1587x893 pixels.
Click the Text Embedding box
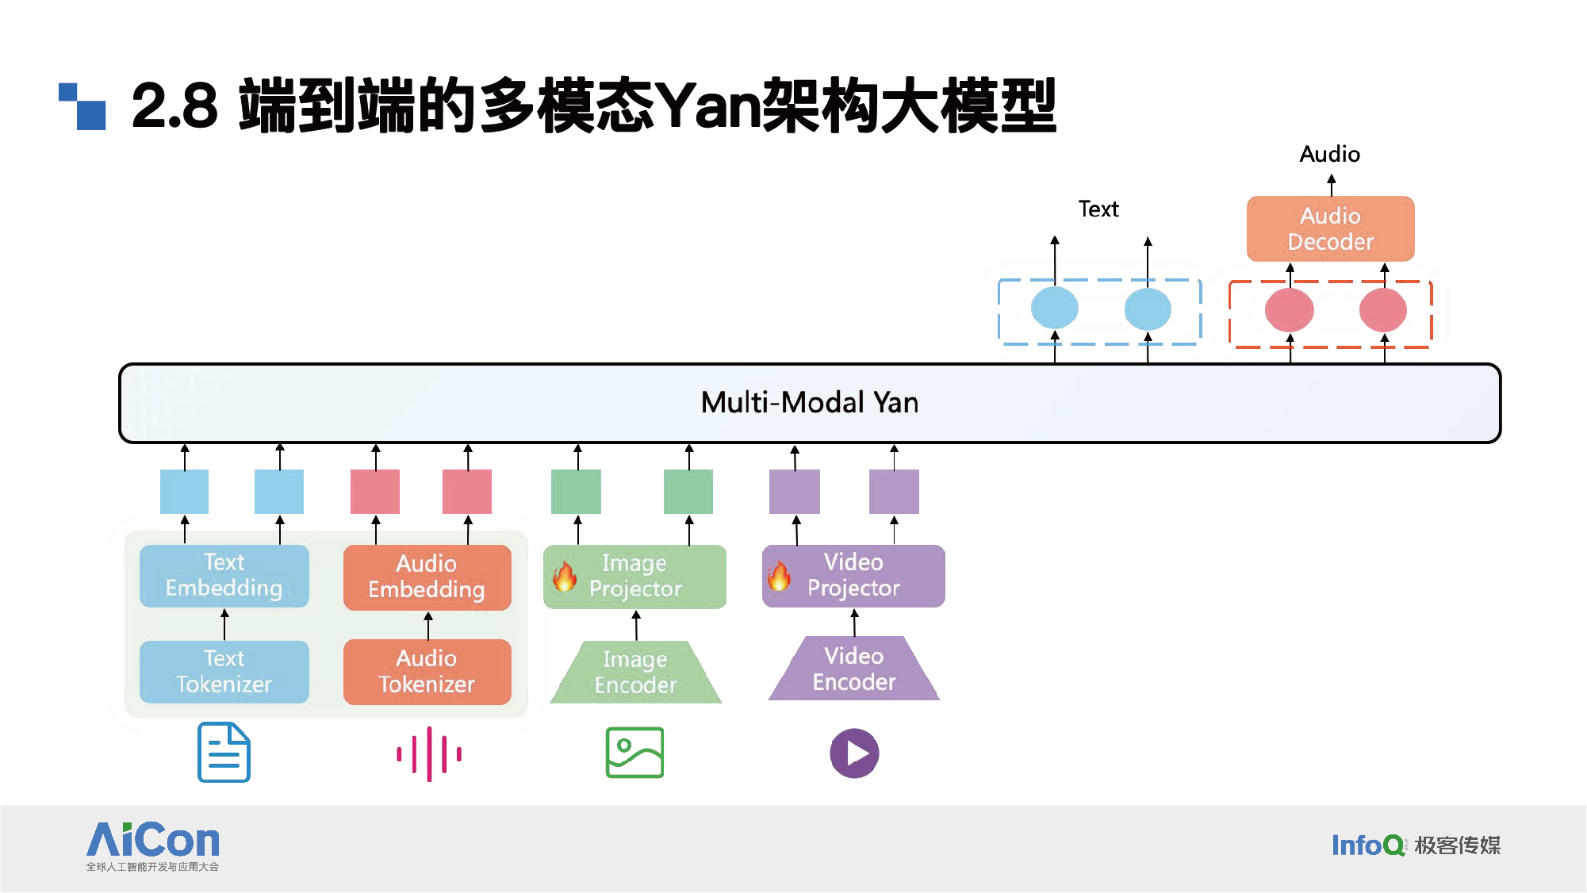click(x=224, y=576)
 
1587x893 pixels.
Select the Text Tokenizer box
click(x=224, y=672)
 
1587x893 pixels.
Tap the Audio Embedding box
click(x=427, y=577)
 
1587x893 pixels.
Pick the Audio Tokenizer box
click(x=427, y=672)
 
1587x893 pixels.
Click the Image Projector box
click(x=634, y=577)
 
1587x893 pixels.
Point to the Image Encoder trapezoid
click(x=636, y=673)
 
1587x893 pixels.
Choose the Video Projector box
click(x=853, y=576)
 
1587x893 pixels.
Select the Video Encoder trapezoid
click(x=854, y=669)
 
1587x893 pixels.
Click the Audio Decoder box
click(x=1331, y=228)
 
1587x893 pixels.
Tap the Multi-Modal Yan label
click(x=810, y=403)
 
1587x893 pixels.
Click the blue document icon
click(x=224, y=752)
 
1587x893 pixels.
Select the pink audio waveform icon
click(x=429, y=753)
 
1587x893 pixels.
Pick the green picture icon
click(x=634, y=753)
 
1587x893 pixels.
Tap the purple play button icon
click(x=854, y=753)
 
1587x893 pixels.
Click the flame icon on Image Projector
click(x=565, y=577)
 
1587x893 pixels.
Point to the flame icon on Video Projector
click(x=779, y=576)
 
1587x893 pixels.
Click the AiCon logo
click(x=153, y=846)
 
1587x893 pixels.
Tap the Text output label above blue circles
click(x=1098, y=209)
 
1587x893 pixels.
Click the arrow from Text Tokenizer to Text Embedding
click(x=224, y=624)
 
